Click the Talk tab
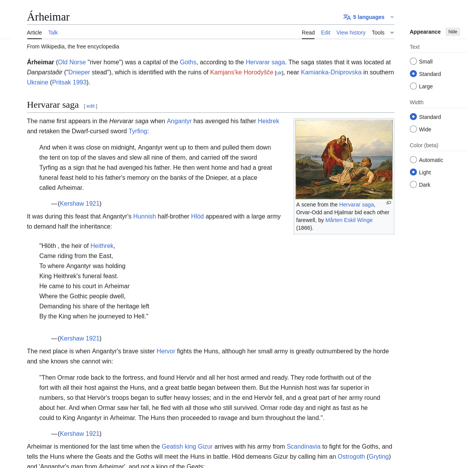point(53,33)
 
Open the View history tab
point(351,33)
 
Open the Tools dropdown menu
point(382,33)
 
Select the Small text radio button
point(413,62)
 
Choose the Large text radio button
point(413,86)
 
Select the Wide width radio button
point(413,129)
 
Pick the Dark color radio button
point(413,185)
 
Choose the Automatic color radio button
point(413,160)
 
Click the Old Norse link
point(72,62)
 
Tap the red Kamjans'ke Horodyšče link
point(241,72)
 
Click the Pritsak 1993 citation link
point(69,82)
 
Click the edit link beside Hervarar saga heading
point(90,106)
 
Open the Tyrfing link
point(138,131)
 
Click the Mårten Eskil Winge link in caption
point(349,220)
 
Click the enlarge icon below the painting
point(389,203)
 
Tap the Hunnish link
point(144,216)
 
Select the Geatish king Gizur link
point(187,446)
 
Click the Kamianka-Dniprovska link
point(331,72)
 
